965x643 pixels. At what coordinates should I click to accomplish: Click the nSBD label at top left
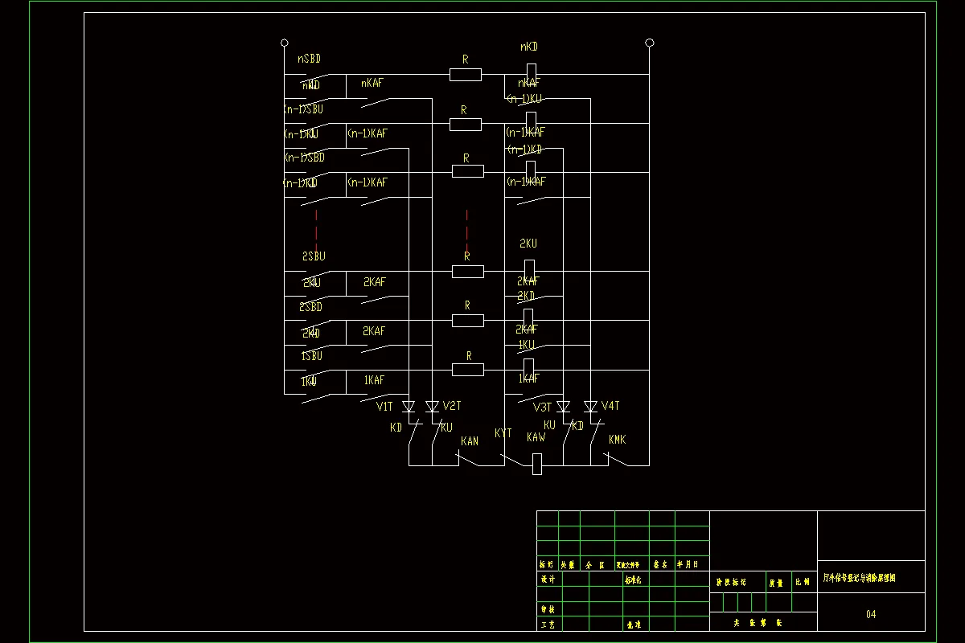310,59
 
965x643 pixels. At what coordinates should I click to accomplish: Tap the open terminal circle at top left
284,43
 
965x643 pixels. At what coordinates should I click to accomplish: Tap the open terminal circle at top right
649,43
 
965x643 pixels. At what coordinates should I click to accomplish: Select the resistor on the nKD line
465,75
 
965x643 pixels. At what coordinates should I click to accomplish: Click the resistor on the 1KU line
467,370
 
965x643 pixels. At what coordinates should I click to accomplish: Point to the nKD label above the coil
529,47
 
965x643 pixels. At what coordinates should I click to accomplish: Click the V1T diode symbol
409,407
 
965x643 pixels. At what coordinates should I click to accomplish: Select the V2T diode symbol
432,407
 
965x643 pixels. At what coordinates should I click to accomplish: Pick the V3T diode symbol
563,407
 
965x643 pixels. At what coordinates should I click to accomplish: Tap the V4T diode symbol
590,407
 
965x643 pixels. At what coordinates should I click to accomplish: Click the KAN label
470,441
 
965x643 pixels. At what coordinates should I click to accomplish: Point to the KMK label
617,440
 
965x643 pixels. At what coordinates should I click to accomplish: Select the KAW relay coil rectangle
537,465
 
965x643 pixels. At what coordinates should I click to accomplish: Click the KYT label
503,433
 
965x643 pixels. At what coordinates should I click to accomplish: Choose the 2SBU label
314,256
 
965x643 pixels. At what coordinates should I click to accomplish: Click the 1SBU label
312,355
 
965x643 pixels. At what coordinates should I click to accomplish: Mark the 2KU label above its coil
528,244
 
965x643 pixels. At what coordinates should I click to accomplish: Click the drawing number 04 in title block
871,615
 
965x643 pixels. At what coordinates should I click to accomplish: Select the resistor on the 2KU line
467,271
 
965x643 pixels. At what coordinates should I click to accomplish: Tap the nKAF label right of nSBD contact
372,83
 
